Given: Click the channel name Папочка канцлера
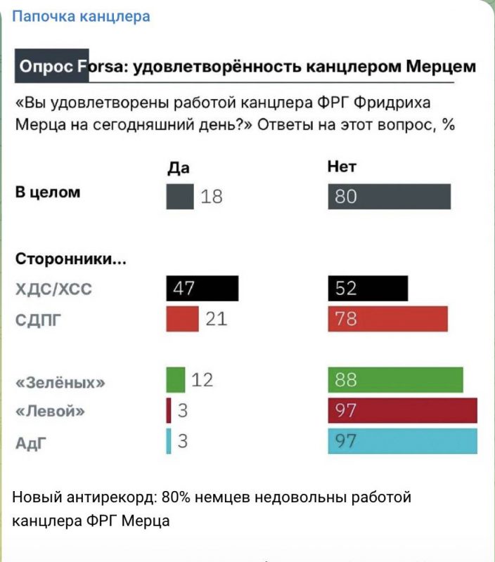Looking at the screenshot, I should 82,15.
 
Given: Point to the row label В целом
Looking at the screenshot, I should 48,192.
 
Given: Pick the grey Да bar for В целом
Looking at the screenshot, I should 179,197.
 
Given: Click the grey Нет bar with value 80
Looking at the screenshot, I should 389,197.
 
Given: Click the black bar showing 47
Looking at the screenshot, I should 202,289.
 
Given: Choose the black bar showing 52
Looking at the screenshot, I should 367,289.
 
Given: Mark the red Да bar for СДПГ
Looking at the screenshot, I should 183,319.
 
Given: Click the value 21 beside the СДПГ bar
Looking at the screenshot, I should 217,320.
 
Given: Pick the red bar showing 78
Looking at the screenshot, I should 387,319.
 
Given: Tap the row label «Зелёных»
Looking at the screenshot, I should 61,384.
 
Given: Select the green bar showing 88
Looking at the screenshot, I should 395,380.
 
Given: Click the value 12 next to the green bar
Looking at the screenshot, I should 202,380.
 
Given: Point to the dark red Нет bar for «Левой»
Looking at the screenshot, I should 402,410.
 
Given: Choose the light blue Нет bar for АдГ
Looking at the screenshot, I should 402,441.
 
